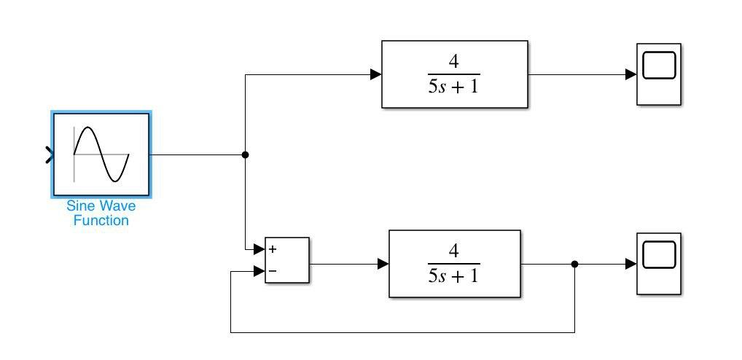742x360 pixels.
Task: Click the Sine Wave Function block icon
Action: [101, 154]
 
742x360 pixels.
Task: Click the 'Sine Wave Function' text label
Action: [101, 214]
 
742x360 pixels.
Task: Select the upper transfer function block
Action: [454, 74]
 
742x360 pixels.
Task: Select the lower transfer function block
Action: [454, 264]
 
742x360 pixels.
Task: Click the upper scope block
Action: [659, 74]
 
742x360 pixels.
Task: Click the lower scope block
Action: [659, 264]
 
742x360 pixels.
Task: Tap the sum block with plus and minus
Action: [287, 260]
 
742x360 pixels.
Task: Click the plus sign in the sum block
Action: [273, 249]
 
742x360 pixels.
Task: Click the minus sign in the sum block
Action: [273, 272]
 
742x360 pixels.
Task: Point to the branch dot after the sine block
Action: [245, 154]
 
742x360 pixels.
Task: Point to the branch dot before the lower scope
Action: [574, 264]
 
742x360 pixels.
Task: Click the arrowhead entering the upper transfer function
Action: [375, 74]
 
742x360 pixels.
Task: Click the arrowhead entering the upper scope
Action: [631, 74]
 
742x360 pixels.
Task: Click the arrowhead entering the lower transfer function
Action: [383, 264]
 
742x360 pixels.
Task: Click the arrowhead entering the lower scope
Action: [631, 264]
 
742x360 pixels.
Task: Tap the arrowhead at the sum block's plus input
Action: [259, 249]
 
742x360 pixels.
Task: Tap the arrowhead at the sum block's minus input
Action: [259, 272]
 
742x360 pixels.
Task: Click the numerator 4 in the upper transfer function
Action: [454, 61]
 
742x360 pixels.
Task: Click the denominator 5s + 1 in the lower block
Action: [454, 276]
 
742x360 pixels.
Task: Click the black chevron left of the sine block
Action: [50, 154]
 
